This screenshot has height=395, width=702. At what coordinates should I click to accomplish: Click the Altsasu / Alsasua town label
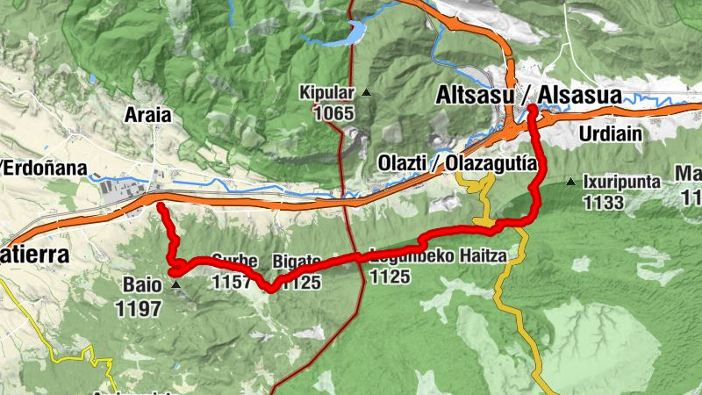(530, 94)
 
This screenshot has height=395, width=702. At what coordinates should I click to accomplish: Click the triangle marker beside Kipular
(366, 92)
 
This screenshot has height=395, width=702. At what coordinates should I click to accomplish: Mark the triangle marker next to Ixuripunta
(571, 183)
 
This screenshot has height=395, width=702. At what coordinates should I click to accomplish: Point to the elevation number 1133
(603, 204)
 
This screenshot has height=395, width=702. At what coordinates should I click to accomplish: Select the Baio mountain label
(142, 285)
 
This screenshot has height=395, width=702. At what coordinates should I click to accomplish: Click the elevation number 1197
(138, 308)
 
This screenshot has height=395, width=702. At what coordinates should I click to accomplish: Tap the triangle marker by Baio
(176, 285)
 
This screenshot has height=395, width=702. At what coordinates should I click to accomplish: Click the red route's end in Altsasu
(532, 108)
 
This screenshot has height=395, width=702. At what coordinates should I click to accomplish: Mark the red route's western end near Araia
(161, 205)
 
